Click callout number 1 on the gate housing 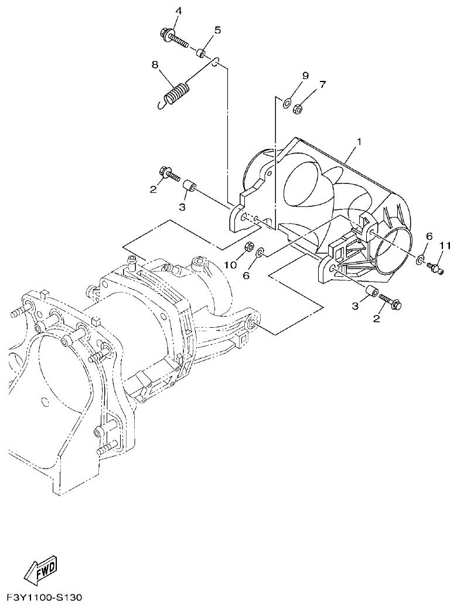click(x=359, y=142)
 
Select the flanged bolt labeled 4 click(x=173, y=39)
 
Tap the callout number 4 click(x=179, y=11)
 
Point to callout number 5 click(x=217, y=30)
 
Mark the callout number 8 click(x=155, y=65)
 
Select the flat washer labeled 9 click(x=287, y=104)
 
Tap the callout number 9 click(x=305, y=76)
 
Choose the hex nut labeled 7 click(x=297, y=108)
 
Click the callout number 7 click(x=323, y=87)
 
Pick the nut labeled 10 click(x=248, y=246)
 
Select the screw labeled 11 click(x=434, y=267)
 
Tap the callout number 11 click(x=445, y=245)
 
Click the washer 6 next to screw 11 click(x=421, y=259)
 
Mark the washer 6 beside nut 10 click(x=260, y=252)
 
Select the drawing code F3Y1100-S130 click(x=45, y=598)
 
